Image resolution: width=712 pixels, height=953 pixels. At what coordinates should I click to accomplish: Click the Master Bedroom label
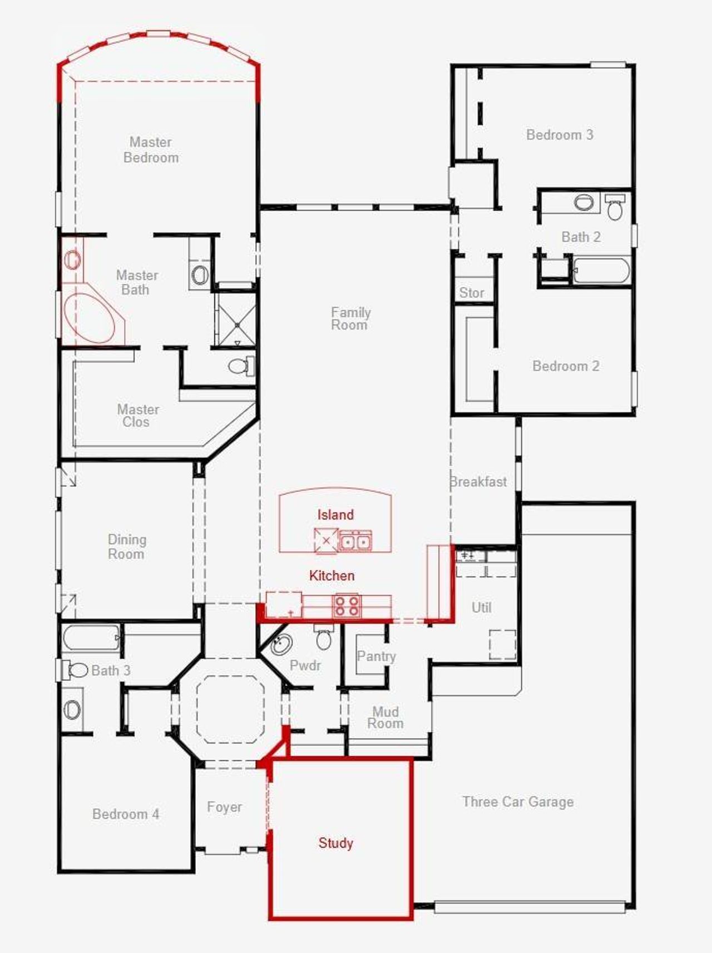[151, 150]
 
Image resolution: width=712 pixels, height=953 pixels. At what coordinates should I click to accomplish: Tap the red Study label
[335, 843]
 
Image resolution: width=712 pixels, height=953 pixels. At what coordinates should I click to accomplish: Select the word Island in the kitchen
[335, 515]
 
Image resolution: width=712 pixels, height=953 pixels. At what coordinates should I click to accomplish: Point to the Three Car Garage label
[518, 802]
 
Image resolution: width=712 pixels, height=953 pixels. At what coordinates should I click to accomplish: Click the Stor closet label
[472, 293]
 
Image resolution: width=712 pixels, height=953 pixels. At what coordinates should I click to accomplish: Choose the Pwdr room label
[305, 665]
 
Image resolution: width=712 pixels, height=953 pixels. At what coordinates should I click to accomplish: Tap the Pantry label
[377, 656]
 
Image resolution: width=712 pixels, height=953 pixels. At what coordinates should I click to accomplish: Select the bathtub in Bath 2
[601, 271]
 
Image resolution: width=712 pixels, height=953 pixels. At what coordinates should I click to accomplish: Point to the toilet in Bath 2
[615, 207]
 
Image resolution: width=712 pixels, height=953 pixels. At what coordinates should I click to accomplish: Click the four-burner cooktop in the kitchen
[347, 605]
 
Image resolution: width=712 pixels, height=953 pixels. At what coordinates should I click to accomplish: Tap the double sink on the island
[355, 541]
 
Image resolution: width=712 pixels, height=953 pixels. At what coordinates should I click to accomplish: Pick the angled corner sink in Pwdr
[281, 645]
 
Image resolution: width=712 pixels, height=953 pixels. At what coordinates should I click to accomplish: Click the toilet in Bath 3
[73, 670]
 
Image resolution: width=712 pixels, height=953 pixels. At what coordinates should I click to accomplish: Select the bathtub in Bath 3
[91, 638]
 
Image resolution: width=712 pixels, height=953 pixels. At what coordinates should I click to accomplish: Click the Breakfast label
[478, 482]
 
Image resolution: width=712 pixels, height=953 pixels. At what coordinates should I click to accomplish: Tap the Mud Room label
[385, 717]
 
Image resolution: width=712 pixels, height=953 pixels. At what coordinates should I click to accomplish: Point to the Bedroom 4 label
[126, 814]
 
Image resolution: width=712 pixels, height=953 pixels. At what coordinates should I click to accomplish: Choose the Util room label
[482, 607]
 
